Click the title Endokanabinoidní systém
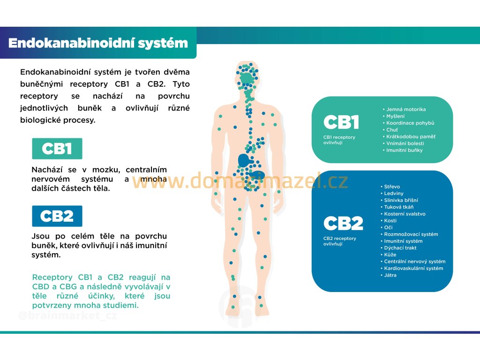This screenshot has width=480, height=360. click(x=98, y=43)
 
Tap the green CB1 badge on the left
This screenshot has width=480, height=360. click(x=57, y=149)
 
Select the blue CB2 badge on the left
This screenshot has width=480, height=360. click(x=57, y=216)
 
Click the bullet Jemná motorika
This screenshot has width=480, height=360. click(x=406, y=109)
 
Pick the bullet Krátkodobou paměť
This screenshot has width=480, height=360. click(x=411, y=136)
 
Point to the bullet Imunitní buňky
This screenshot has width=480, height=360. click(x=404, y=150)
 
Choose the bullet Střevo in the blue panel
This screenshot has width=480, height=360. click(x=392, y=187)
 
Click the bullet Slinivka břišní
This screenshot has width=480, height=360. click(x=401, y=200)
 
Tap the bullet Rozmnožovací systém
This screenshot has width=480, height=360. click(x=411, y=234)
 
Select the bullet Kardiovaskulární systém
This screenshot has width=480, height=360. click(x=413, y=269)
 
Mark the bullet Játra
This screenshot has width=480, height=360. click(x=390, y=275)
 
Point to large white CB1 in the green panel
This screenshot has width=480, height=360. click(x=341, y=123)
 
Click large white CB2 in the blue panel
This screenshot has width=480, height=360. click(x=343, y=224)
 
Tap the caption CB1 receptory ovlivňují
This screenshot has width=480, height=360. click(x=339, y=140)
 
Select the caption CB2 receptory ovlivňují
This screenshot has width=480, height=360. click(x=340, y=241)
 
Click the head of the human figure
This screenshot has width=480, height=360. click(x=247, y=75)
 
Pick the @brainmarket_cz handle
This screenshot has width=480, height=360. click(x=67, y=316)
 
